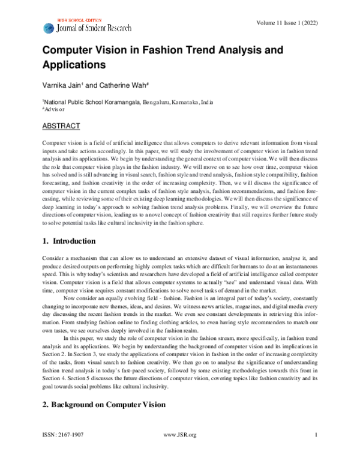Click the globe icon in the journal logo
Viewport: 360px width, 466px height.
point(48,28)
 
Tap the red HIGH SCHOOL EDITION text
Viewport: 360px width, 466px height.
point(80,20)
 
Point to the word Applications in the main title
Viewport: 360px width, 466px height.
point(74,64)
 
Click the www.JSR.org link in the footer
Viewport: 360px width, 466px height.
point(180,452)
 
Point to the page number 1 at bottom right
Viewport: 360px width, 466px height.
point(316,452)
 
